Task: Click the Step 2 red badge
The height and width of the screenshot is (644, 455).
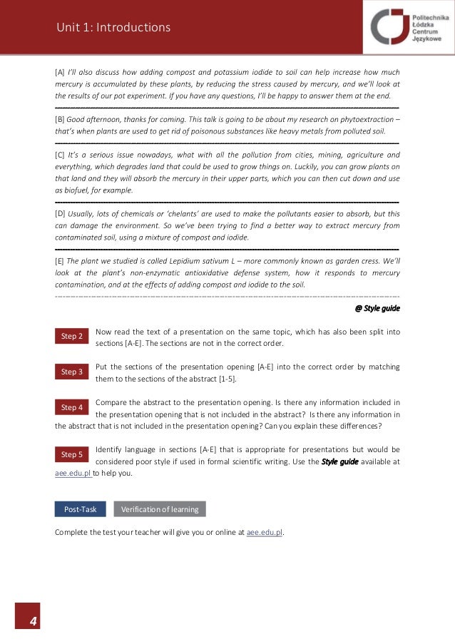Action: (x=71, y=336)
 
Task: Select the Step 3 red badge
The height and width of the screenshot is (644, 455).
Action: (x=71, y=372)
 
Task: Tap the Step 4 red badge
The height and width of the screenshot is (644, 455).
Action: (x=71, y=407)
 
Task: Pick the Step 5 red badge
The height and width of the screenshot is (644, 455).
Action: (x=71, y=454)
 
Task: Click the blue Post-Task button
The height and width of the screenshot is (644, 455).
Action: (x=80, y=509)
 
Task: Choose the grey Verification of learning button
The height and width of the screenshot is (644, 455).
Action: (x=160, y=509)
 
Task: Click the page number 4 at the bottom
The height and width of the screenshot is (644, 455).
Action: (x=33, y=622)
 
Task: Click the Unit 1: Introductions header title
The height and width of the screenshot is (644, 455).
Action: (x=114, y=28)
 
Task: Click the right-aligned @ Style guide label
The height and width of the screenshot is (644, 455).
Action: (x=377, y=309)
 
